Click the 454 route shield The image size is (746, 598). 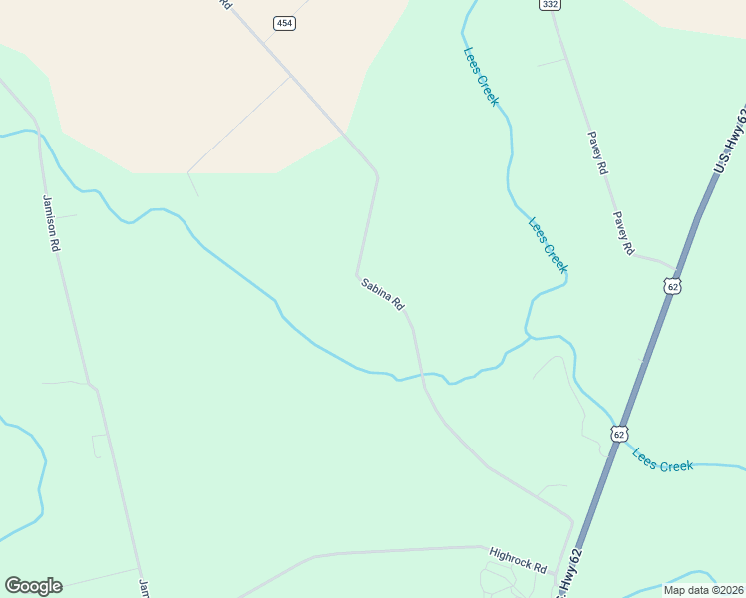[285, 23]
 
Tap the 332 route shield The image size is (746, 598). [549, 5]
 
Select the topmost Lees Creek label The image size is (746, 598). [480, 77]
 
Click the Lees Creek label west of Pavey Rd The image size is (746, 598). [547, 245]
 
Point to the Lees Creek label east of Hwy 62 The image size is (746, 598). [662, 460]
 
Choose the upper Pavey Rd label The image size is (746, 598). [597, 153]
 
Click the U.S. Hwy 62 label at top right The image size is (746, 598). [730, 140]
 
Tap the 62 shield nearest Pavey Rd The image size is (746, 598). [673, 287]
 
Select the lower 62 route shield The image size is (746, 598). [619, 434]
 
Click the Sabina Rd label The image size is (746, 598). [382, 293]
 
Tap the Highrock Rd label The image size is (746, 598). [518, 559]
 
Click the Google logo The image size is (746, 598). [33, 586]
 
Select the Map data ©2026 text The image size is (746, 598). [703, 589]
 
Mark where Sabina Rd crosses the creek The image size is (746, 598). [423, 374]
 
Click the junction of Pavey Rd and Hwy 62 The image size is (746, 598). [678, 269]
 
